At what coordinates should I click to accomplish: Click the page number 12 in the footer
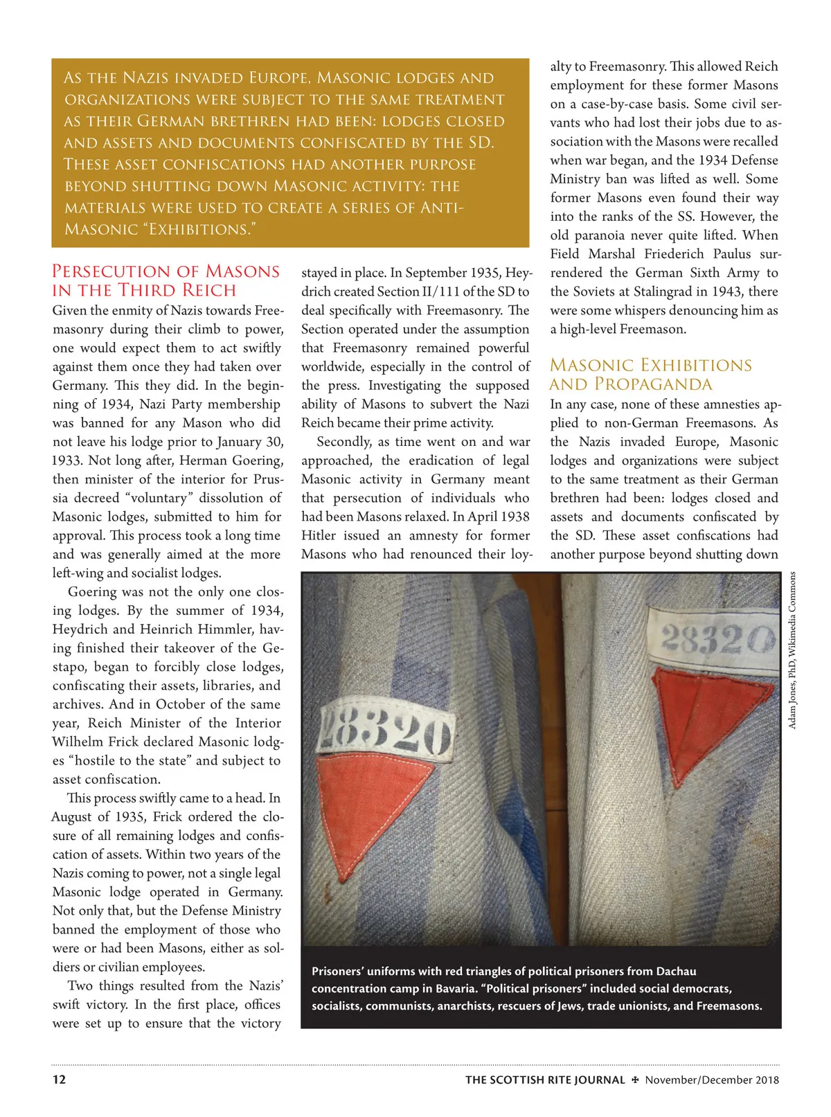(x=60, y=1079)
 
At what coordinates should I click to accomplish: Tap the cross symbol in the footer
(x=635, y=1080)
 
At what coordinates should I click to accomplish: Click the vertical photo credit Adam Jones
(x=792, y=650)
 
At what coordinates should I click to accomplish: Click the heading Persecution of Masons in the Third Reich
(x=166, y=280)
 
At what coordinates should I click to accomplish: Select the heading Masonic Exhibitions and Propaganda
(x=650, y=375)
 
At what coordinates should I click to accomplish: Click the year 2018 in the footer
(x=767, y=1080)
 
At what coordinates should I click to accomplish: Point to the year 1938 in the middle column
(x=512, y=517)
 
